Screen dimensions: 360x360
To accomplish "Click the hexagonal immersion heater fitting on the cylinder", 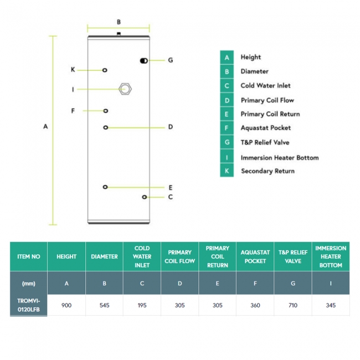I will point(126,89).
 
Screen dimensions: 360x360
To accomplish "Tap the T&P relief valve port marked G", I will point(143,60).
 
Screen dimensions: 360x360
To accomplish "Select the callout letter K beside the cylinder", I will point(73,70).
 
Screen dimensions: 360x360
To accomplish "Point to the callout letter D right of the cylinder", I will point(171,127).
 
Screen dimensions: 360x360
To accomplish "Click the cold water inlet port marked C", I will point(145,197).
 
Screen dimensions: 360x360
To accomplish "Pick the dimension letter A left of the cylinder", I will point(46,127).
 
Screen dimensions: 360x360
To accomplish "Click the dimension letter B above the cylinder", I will point(119,22).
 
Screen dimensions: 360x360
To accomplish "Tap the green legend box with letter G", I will point(227,142).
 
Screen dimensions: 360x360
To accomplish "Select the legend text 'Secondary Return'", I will point(268,171).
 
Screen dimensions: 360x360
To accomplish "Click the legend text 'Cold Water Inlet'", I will point(265,86).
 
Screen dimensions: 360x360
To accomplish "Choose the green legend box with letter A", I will point(227,57).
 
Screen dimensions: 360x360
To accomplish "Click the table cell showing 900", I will point(66,305).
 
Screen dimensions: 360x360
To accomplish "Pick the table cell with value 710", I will point(292,305).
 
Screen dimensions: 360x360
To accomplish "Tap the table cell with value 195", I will point(142,305).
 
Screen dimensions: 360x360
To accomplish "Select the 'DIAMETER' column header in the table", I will point(104,256).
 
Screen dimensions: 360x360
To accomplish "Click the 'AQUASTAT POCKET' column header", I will point(255,256).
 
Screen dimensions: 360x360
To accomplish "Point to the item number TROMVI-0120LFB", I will point(29,305).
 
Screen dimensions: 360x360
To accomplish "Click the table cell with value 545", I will point(104,305).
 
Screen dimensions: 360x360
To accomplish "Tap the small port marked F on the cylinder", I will point(106,111).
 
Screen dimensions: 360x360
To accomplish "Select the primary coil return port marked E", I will point(105,187).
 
